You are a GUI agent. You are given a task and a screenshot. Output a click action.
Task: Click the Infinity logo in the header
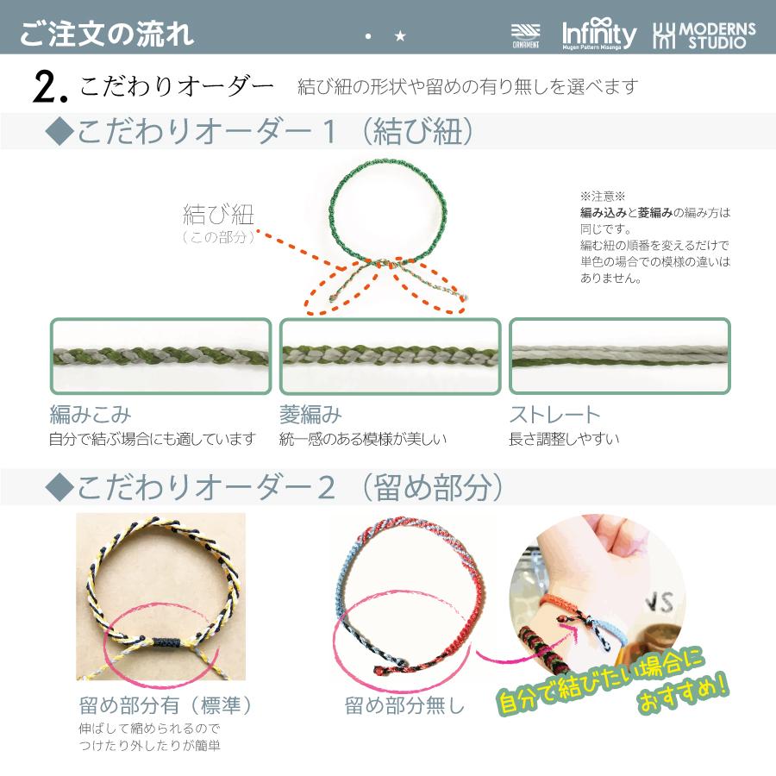click(x=599, y=34)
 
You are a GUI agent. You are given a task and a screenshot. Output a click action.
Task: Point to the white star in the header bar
click(x=399, y=37)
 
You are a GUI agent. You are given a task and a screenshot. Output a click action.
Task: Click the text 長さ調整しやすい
click(x=564, y=440)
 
